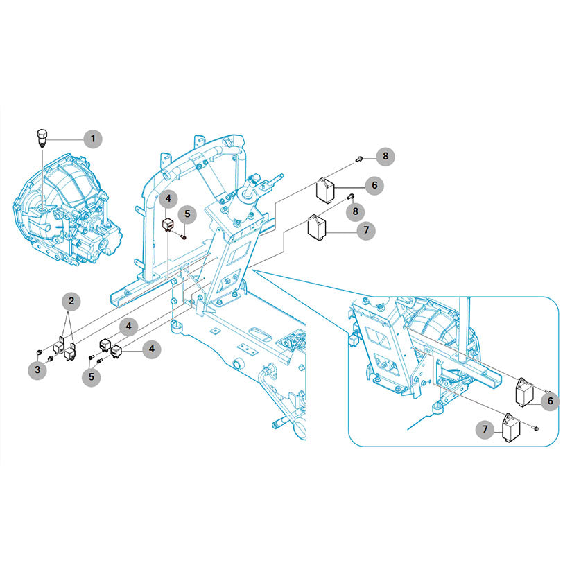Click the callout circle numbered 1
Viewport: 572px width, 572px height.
click(x=93, y=139)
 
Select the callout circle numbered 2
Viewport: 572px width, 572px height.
click(x=71, y=301)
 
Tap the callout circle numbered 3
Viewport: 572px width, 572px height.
click(x=37, y=370)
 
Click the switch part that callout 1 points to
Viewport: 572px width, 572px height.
click(x=41, y=138)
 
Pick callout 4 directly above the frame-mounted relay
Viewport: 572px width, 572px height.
click(x=168, y=198)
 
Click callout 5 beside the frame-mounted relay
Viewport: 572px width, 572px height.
click(x=187, y=214)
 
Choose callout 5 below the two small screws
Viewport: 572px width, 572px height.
click(x=92, y=376)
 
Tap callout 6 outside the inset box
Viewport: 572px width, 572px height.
click(x=374, y=185)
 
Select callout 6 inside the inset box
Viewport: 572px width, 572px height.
click(x=550, y=401)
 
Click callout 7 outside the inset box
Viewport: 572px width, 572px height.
click(x=366, y=230)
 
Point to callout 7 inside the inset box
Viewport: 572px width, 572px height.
click(x=485, y=429)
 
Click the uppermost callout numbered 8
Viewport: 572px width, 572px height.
click(x=385, y=157)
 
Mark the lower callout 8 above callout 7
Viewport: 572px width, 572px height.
click(x=355, y=211)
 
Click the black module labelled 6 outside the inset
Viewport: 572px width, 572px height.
click(x=325, y=189)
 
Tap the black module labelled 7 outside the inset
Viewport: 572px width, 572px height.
click(x=317, y=226)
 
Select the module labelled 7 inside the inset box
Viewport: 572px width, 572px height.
click(x=511, y=428)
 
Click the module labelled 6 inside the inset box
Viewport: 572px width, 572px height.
click(x=524, y=392)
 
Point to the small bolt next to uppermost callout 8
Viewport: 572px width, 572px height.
click(x=359, y=159)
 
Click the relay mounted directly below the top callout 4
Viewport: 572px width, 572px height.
click(x=168, y=225)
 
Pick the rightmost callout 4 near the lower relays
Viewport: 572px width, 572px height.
click(x=151, y=349)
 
